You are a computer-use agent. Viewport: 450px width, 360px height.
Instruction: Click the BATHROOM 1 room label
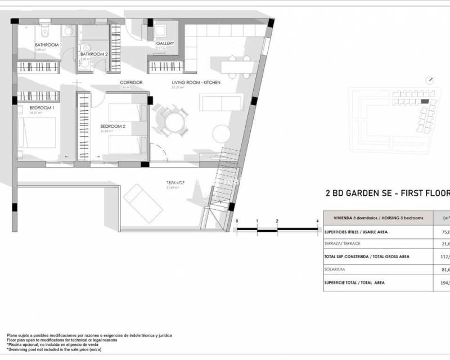pos(48,45)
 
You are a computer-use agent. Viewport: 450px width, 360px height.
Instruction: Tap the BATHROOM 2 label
pos(93,55)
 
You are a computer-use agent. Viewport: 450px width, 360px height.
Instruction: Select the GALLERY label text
pos(165,43)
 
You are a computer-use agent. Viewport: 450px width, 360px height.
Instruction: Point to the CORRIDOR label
pos(130,83)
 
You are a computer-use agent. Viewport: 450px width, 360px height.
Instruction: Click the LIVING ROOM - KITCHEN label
pos(196,83)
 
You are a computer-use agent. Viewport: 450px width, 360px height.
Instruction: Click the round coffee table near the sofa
pos(221,133)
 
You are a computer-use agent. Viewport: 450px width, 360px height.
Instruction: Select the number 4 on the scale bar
pos(318,221)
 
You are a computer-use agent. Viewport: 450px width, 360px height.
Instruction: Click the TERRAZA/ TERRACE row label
pos(341,244)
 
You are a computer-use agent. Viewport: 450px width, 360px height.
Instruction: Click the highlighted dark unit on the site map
pos(425,102)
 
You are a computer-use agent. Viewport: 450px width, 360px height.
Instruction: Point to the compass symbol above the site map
pos(429,80)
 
